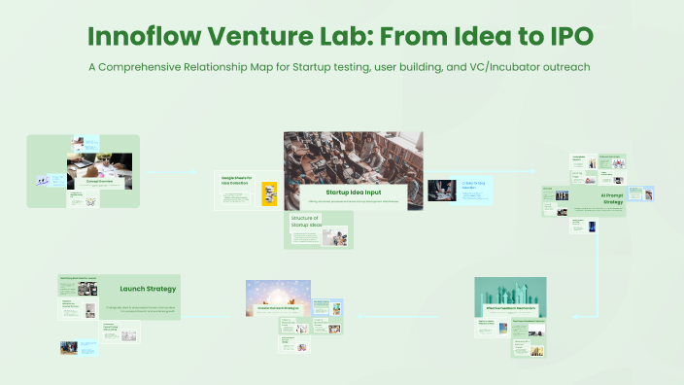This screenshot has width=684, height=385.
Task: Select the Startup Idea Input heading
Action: click(x=351, y=192)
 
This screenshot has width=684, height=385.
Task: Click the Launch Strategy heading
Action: click(x=147, y=289)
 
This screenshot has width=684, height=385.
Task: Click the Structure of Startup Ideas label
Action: click(x=305, y=224)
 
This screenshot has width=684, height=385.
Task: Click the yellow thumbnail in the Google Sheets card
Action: click(x=269, y=193)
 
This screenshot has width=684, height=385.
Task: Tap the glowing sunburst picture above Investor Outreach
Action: click(x=278, y=293)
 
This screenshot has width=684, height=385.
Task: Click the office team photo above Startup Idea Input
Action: click(x=353, y=156)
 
